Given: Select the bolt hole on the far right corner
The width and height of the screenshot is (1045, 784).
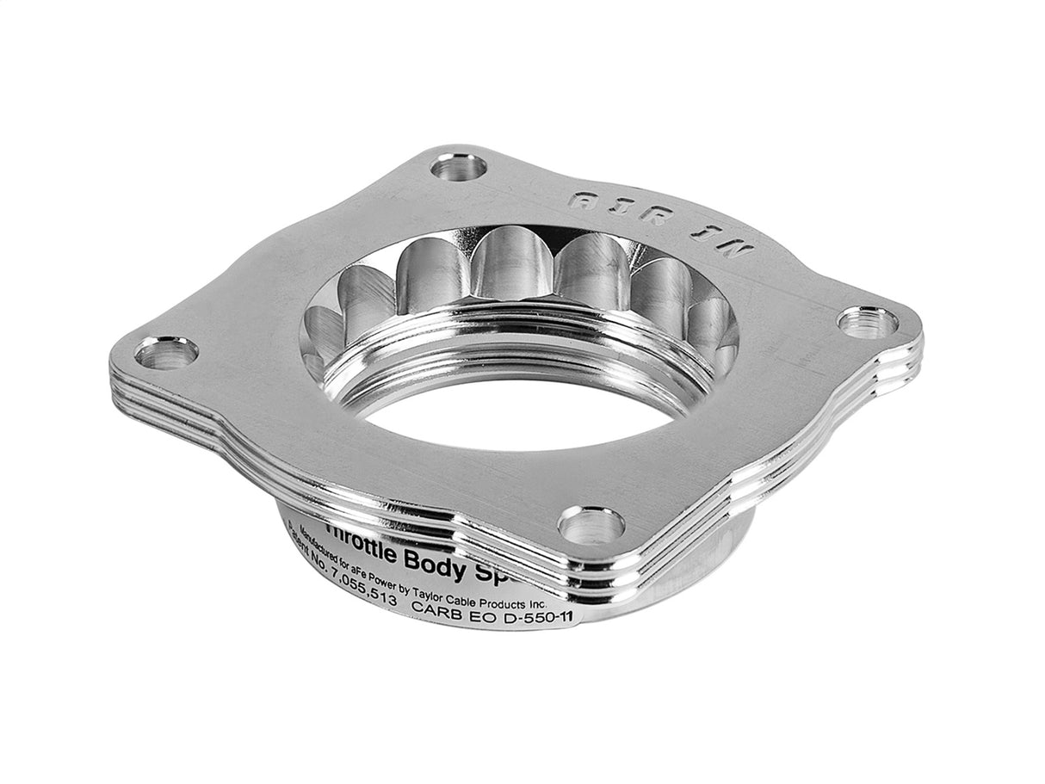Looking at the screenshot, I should pos(867,323).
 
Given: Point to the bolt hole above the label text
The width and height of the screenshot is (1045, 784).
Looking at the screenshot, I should pos(591,523).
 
